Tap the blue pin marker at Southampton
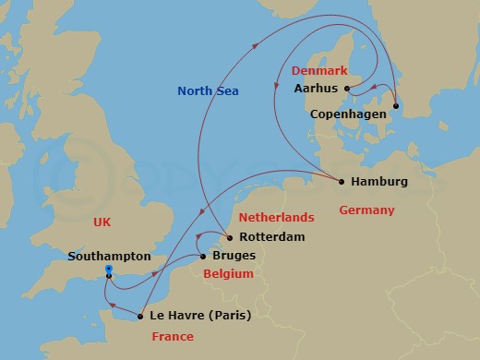click(109, 271)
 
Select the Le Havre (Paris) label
click(200, 316)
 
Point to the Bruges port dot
click(203, 256)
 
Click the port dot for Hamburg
click(342, 182)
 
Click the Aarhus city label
click(316, 90)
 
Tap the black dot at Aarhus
click(347, 90)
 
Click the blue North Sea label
click(209, 90)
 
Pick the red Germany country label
click(366, 210)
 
